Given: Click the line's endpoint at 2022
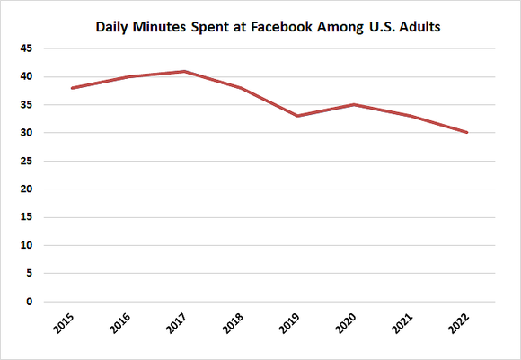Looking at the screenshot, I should (467, 133).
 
